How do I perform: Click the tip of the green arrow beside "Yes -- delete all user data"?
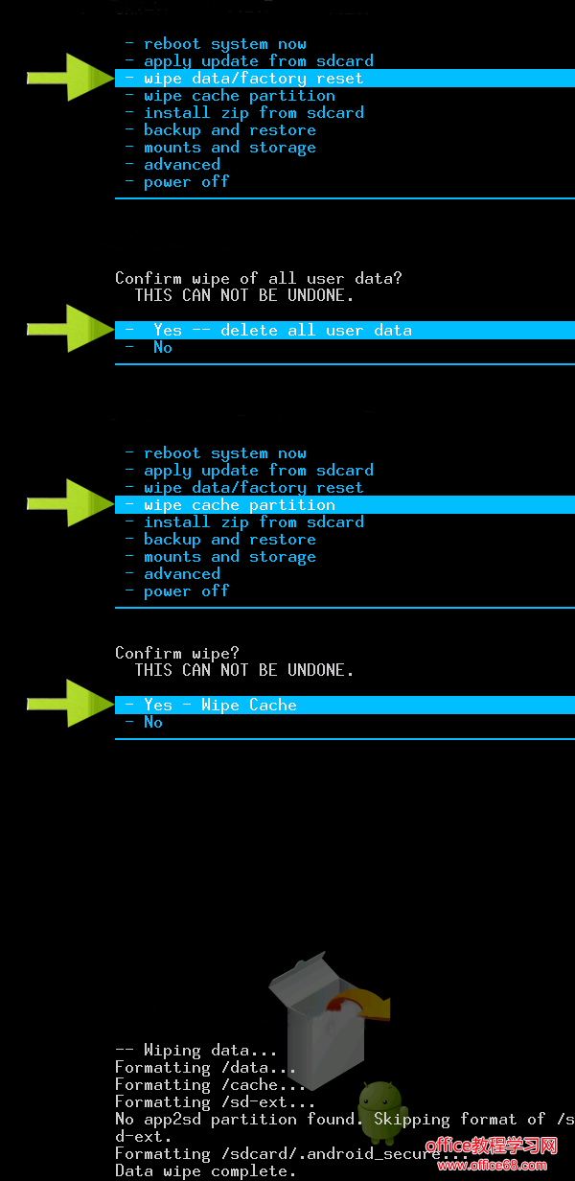[x=114, y=329]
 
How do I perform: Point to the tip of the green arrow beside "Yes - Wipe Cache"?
[x=114, y=704]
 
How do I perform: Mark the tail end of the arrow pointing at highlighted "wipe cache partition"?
[x=28, y=503]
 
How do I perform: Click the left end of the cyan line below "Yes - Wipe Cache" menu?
[x=115, y=739]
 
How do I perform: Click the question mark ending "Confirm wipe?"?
[x=235, y=653]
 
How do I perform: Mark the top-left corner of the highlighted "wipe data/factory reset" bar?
[x=115, y=70]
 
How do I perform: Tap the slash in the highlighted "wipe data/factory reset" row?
[x=235, y=78]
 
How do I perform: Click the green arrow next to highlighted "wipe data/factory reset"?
[x=71, y=78]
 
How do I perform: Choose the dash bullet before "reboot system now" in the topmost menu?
[x=129, y=43]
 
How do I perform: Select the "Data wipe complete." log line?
[x=205, y=1171]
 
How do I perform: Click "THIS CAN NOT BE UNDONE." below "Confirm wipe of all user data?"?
[x=244, y=295]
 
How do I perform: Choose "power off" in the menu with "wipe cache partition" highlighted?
[x=187, y=591]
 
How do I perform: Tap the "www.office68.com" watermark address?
[x=492, y=1165]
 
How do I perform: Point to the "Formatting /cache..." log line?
[x=210, y=1084]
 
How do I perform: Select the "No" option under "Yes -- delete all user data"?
[x=163, y=347]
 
